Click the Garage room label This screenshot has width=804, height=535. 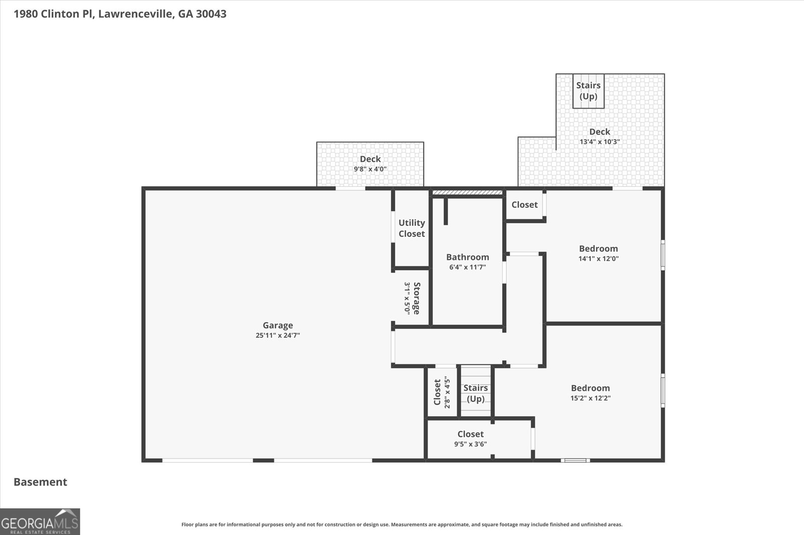(x=278, y=325)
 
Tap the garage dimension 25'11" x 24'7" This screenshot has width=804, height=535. (x=278, y=336)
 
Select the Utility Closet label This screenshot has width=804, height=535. (x=412, y=228)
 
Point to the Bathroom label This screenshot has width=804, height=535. (x=468, y=257)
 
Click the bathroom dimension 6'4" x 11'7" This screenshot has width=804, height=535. (x=468, y=267)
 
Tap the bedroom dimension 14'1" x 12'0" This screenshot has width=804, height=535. (x=598, y=258)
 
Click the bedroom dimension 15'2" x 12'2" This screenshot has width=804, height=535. (x=590, y=398)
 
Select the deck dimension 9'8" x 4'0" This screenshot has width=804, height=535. (x=370, y=169)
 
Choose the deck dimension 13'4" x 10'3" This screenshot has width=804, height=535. (x=600, y=142)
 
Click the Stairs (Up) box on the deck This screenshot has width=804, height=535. (x=588, y=91)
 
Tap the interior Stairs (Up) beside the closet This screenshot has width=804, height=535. (x=475, y=393)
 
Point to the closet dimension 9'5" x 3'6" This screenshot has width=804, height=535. (x=470, y=444)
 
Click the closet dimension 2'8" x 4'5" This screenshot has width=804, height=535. (x=447, y=392)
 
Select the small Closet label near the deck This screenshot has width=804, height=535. (x=525, y=205)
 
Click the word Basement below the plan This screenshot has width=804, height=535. (x=40, y=482)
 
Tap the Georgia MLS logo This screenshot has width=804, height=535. (x=40, y=521)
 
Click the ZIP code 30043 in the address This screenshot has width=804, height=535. (x=211, y=14)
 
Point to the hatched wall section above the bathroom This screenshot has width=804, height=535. (x=467, y=193)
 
